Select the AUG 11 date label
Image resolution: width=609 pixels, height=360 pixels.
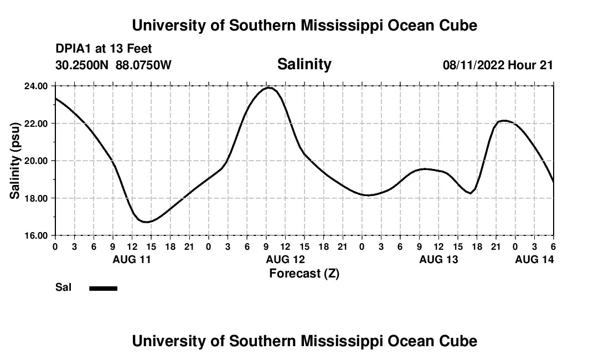click(x=132, y=259)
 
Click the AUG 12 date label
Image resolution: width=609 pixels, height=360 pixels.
click(x=285, y=259)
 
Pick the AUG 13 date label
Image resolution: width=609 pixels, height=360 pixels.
click(x=438, y=259)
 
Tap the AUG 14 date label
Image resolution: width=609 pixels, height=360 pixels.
click(x=534, y=259)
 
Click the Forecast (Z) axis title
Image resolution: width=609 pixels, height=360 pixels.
click(x=304, y=274)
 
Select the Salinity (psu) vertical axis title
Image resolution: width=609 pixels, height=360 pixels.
click(x=16, y=161)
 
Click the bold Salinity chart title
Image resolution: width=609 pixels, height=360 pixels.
click(x=304, y=64)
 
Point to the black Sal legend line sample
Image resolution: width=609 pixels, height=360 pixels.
click(x=104, y=288)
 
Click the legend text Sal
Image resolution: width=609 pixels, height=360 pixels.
click(x=63, y=287)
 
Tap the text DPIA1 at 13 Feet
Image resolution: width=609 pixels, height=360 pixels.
click(x=104, y=49)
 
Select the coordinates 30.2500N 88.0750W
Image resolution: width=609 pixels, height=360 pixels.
click(x=113, y=65)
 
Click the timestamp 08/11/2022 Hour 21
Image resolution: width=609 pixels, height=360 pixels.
click(x=498, y=65)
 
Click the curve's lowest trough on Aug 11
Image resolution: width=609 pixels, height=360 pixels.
click(x=146, y=222)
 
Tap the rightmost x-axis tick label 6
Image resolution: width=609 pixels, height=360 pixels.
click(x=553, y=246)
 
